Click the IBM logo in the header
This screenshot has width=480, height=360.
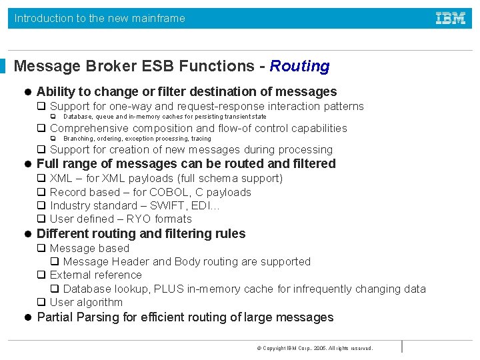[x=451, y=18]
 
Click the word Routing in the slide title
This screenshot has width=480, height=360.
[x=299, y=66]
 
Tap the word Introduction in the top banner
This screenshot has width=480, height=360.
[x=44, y=18]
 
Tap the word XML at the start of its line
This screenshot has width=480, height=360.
[x=61, y=178]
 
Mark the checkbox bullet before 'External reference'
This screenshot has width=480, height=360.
[x=41, y=275]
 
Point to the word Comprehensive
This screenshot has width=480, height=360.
[x=89, y=128]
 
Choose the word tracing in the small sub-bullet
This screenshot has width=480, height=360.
[x=201, y=139]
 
